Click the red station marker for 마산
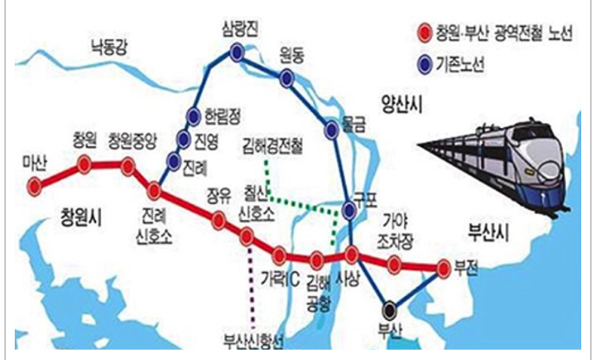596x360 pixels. point(35,184)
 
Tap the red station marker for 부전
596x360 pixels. point(445,267)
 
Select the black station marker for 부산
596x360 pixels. point(389,306)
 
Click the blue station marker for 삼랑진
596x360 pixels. point(237,54)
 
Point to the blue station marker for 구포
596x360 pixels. point(349,209)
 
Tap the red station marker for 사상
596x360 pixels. point(352,254)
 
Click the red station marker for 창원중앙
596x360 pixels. point(127,165)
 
